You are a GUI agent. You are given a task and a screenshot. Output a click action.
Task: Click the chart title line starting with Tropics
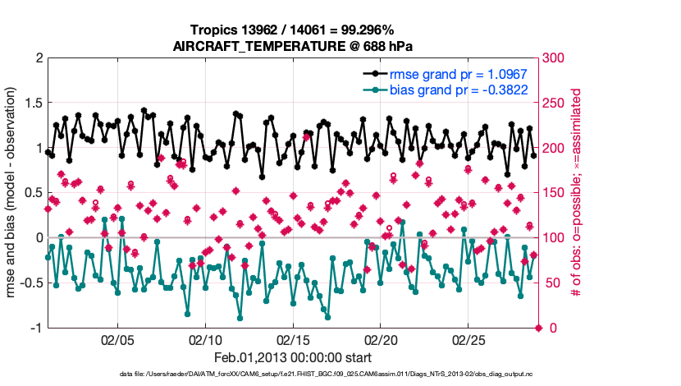[x=293, y=30]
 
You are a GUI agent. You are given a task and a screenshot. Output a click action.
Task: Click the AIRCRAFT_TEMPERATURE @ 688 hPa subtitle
[x=293, y=47]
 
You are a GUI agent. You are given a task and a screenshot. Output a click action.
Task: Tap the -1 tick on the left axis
[x=35, y=329]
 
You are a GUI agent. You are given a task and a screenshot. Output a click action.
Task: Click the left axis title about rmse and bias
[x=13, y=193]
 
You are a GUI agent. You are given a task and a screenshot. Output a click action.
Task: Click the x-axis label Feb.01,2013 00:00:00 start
[x=293, y=357]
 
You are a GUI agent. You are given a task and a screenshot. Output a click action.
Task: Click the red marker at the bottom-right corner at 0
[x=539, y=328]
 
